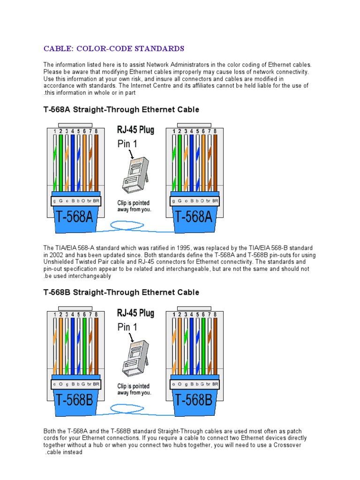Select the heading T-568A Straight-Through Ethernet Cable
(x=121, y=110)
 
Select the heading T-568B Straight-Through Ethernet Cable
(x=121, y=292)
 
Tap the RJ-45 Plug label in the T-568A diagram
(x=135, y=130)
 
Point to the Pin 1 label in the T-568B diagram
(x=127, y=327)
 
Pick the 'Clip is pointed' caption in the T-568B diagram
(x=134, y=386)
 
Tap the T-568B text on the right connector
(x=194, y=400)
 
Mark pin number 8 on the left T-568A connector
(x=96, y=132)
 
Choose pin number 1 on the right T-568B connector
(x=173, y=315)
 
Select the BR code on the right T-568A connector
(x=215, y=201)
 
